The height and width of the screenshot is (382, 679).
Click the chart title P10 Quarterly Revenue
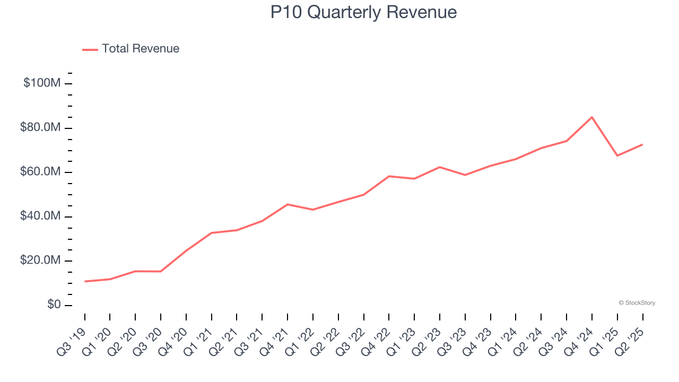(x=363, y=12)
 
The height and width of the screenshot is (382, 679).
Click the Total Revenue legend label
(x=141, y=49)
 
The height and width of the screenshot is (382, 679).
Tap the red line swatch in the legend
(x=90, y=49)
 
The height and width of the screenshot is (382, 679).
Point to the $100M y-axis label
(x=42, y=83)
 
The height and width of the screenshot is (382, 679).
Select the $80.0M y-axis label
(x=41, y=128)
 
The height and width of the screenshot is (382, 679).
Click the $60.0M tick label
(x=41, y=172)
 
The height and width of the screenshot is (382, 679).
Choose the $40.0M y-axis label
(x=41, y=216)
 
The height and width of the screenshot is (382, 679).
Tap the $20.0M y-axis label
(x=41, y=261)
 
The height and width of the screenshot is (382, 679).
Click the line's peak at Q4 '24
(x=592, y=117)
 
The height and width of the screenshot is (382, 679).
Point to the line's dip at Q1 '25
(x=617, y=155)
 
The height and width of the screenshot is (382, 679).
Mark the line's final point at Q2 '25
(x=642, y=144)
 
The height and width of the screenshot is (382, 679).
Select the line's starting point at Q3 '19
(x=85, y=281)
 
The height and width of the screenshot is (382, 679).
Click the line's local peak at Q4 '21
(x=288, y=204)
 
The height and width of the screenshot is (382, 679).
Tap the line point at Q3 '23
(x=465, y=175)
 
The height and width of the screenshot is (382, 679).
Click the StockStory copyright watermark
(x=637, y=303)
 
